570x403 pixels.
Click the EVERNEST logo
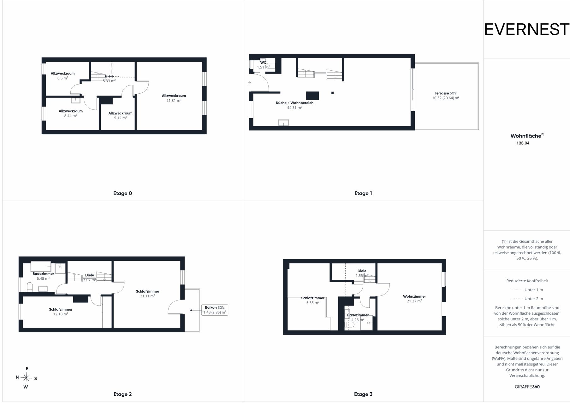click(527, 30)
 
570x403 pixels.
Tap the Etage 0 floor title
click(122, 193)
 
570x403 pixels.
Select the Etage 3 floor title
click(363, 394)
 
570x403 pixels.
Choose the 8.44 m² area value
click(71, 116)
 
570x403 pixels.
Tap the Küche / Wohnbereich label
click(294, 103)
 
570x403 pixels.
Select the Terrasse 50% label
click(446, 93)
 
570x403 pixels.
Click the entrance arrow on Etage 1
click(249, 83)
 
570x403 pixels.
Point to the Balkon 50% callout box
click(215, 310)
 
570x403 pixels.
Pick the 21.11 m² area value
click(147, 296)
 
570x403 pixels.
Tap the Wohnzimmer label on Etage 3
click(414, 296)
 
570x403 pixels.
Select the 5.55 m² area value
click(312, 303)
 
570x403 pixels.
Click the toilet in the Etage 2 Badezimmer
click(30, 287)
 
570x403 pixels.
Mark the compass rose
click(27, 377)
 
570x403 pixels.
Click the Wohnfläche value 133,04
click(523, 143)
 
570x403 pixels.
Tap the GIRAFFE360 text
click(527, 387)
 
